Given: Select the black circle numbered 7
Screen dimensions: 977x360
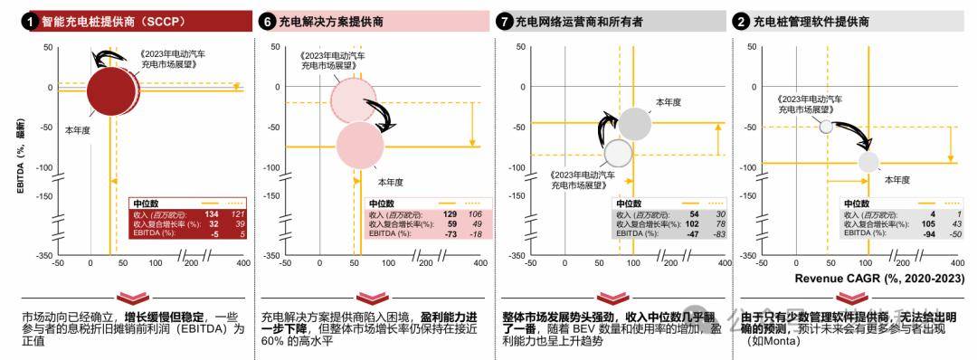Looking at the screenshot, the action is click(x=504, y=21).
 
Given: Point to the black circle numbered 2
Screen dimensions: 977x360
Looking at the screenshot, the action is click(x=742, y=21).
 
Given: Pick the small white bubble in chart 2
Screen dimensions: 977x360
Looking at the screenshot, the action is click(x=825, y=126).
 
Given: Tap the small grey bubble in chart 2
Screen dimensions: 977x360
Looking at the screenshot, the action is click(x=868, y=161).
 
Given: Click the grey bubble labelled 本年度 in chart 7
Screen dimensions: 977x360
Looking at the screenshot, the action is click(x=635, y=124).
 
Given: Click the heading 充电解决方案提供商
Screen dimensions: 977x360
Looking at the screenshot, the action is click(x=331, y=21).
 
